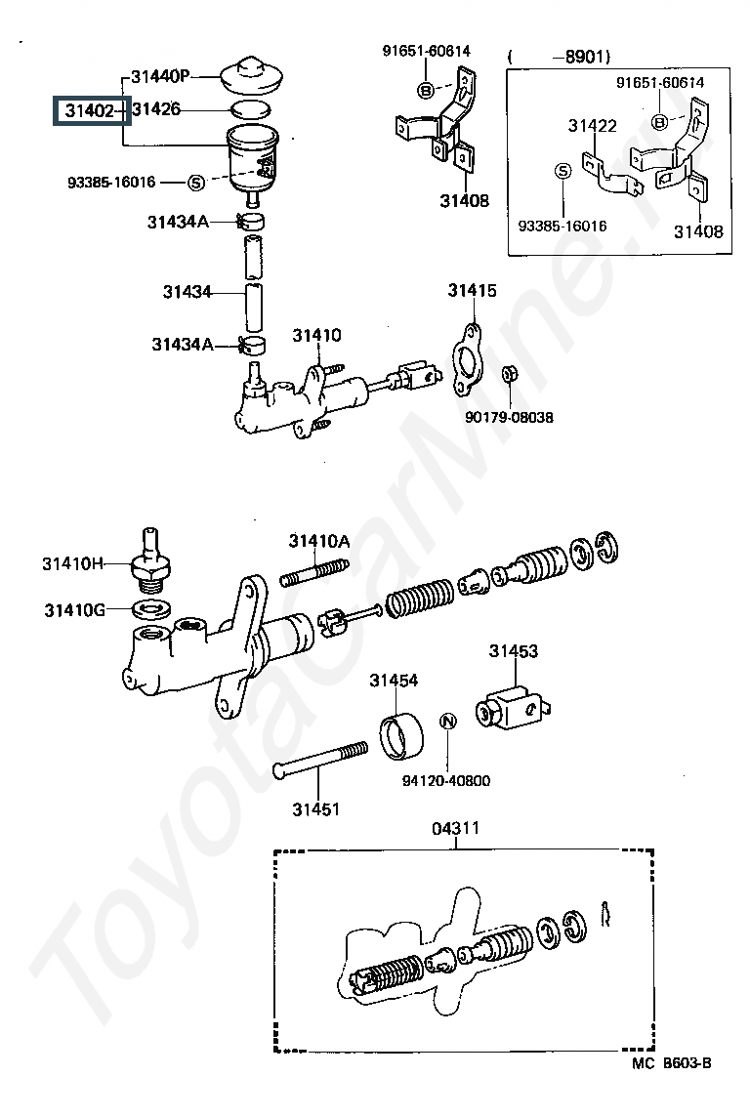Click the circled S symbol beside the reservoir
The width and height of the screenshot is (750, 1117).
click(194, 182)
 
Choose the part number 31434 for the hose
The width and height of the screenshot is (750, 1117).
click(187, 291)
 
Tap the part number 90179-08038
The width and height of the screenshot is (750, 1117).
click(509, 417)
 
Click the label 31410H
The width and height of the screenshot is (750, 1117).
click(71, 562)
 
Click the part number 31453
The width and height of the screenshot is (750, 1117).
click(514, 651)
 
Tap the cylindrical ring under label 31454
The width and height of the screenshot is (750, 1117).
click(402, 736)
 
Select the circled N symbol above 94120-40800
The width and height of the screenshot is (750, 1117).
click(447, 723)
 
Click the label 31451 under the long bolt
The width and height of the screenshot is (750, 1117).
click(315, 809)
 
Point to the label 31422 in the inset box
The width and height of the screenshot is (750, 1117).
click(593, 125)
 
